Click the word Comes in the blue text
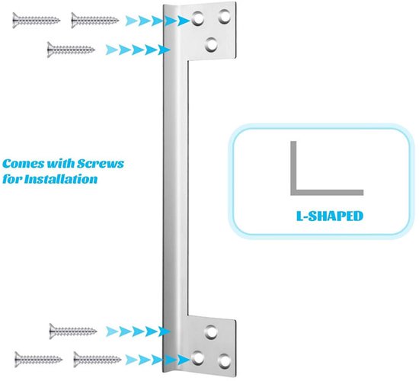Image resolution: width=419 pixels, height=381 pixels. (24, 164)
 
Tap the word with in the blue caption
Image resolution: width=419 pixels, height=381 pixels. (61, 164)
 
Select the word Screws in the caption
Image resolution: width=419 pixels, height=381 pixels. (101, 164)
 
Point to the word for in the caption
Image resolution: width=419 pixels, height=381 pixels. (12, 179)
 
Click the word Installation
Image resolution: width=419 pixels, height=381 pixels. (61, 179)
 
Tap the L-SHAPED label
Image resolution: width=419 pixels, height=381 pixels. (330, 216)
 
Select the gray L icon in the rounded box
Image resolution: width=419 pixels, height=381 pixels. (294, 192)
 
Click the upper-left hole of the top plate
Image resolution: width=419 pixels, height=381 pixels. (197, 18)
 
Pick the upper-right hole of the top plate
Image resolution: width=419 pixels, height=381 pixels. (224, 17)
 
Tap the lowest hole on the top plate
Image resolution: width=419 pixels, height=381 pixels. (211, 44)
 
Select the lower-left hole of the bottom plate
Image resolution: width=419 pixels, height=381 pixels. (197, 357)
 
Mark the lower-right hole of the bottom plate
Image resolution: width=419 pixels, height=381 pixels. (225, 360)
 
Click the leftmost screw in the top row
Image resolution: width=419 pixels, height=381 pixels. (37, 21)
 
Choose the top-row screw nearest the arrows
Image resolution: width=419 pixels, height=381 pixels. (95, 21)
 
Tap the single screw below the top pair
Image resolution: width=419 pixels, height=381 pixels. (71, 50)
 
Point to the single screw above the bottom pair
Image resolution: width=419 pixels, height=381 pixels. (73, 331)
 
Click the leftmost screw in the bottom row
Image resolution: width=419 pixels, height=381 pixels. (39, 360)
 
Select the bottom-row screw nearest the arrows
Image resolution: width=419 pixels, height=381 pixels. (98, 360)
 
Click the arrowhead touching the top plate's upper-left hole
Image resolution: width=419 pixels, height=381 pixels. (184, 21)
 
